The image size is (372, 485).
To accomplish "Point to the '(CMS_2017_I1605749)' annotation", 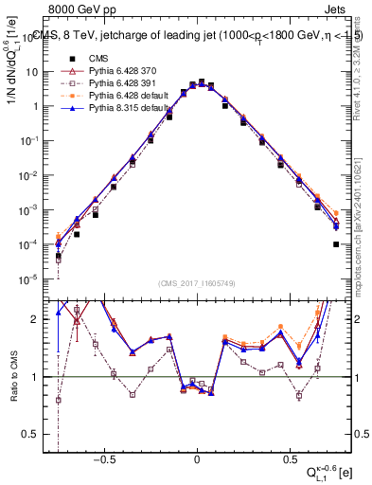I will (197, 284).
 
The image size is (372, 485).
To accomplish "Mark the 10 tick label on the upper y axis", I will (35, 72).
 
